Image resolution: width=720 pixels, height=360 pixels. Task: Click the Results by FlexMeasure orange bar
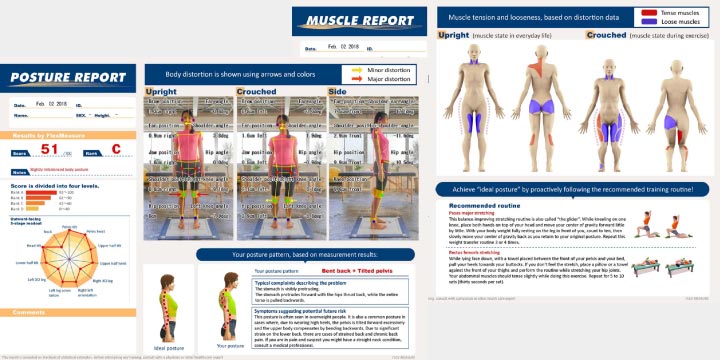pyautogui.click(x=66, y=133)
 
